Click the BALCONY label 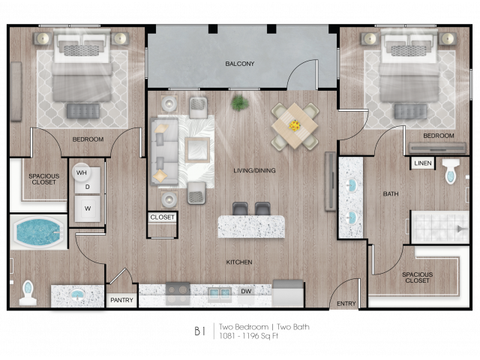click(x=240, y=64)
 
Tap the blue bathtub click(x=39, y=232)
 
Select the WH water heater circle click(x=81, y=172)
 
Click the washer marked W click(x=88, y=208)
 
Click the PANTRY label click(x=121, y=300)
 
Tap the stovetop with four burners click(x=178, y=293)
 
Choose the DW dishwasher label click(x=246, y=291)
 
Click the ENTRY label click(x=346, y=303)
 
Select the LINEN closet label click(x=423, y=163)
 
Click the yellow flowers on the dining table click(x=295, y=125)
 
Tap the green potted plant click(x=240, y=103)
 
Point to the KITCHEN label click(x=239, y=262)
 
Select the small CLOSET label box click(x=162, y=217)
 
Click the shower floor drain click(x=460, y=229)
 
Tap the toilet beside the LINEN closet click(x=451, y=171)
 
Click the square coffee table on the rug click(x=197, y=150)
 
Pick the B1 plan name click(x=200, y=331)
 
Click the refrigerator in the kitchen click(x=288, y=293)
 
